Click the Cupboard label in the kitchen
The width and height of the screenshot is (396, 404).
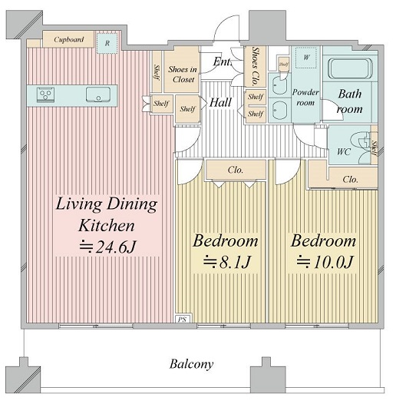pyautogui.click(x=69, y=39)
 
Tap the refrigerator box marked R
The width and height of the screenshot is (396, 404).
pyautogui.click(x=107, y=43)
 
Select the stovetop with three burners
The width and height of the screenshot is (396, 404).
pyautogui.click(x=46, y=94)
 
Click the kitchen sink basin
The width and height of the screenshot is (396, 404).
pyautogui.click(x=98, y=94)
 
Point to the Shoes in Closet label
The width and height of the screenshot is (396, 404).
pyautogui.click(x=183, y=75)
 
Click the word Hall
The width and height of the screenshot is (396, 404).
pyautogui.click(x=220, y=102)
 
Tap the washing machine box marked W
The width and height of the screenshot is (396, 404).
pyautogui.click(x=306, y=58)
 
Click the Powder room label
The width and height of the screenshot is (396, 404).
pyautogui.click(x=305, y=97)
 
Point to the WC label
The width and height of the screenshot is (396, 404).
pyautogui.click(x=344, y=151)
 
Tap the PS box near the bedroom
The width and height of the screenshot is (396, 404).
pyautogui.click(x=183, y=319)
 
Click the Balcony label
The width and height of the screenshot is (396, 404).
pyautogui.click(x=192, y=364)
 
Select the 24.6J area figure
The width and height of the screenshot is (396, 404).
pyautogui.click(x=107, y=247)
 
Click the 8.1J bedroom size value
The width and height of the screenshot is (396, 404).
pyautogui.click(x=227, y=262)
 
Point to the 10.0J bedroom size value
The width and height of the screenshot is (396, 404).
pyautogui.click(x=324, y=262)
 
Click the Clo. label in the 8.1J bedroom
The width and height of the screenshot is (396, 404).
pyautogui.click(x=236, y=170)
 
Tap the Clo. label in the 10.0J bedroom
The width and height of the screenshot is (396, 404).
pyautogui.click(x=350, y=179)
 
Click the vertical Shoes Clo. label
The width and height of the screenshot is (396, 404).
pyautogui.click(x=255, y=66)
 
